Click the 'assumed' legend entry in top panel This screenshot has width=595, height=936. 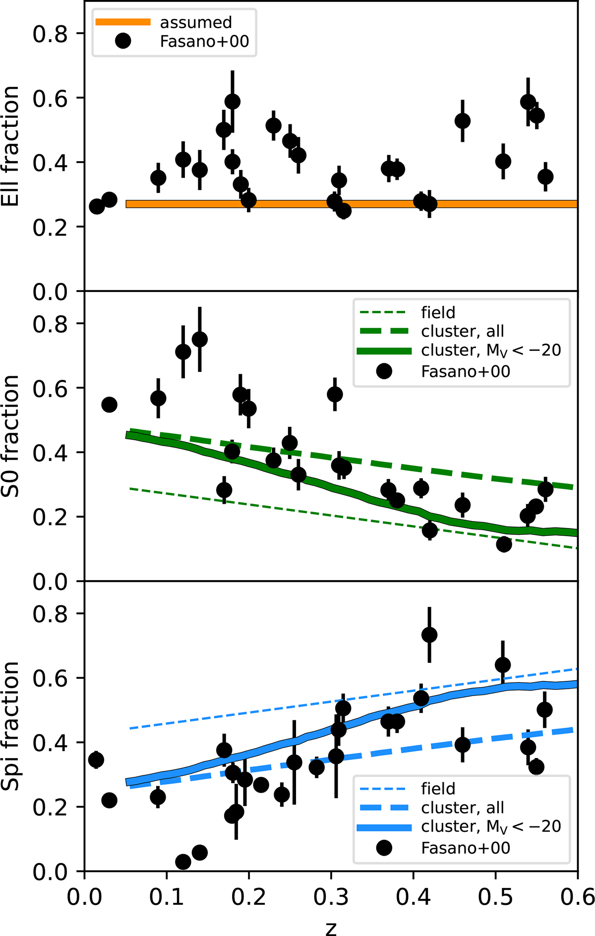pos(195,23)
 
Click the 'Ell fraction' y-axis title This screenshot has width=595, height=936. pos(11,147)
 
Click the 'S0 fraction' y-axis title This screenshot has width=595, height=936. pos(11,436)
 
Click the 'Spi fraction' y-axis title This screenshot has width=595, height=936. pos(11,726)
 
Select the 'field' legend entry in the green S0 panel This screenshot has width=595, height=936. pos(438,313)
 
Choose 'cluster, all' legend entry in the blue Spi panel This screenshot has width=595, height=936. pos(462,808)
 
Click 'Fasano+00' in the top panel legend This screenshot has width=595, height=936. pos(204,42)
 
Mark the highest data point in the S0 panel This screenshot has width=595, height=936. pos(199,340)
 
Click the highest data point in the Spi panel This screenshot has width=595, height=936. pos(429,635)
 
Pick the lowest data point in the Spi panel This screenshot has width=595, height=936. pos(183,862)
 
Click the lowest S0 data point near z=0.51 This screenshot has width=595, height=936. pos(504,544)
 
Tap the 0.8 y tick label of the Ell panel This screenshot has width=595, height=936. pos(50,34)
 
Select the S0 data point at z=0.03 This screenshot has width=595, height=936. pos(109,405)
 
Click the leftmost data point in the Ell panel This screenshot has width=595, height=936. pos(97,206)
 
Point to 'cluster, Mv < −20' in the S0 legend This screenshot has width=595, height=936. pos(491,351)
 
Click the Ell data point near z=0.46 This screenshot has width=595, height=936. pos(463,121)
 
